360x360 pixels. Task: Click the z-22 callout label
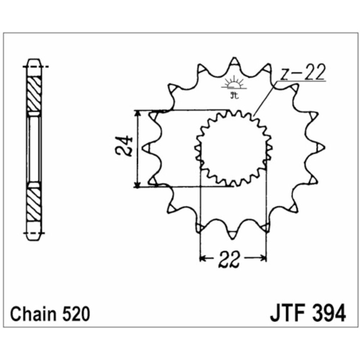pyautogui.click(x=302, y=73)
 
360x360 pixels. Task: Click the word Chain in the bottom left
pyautogui.click(x=33, y=314)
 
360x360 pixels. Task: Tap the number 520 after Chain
pyautogui.click(x=74, y=314)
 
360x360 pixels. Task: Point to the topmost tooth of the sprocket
pyautogui.click(x=234, y=62)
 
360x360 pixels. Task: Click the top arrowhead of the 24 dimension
pyautogui.click(x=137, y=114)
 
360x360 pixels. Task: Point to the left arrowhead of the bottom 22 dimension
pyautogui.click(x=203, y=258)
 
